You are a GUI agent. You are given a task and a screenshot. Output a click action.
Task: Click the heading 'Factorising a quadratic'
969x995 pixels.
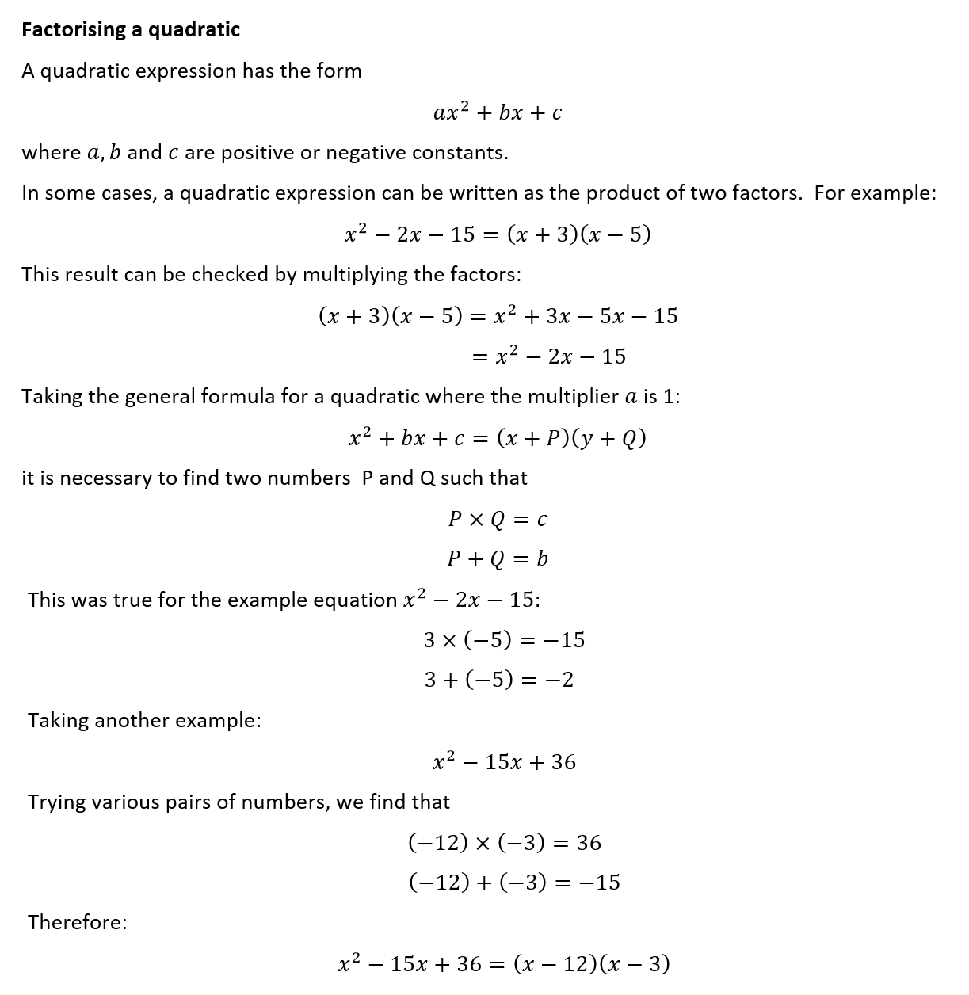coord(131,30)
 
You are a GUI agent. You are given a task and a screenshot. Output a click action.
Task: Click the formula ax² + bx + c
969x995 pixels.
coord(498,112)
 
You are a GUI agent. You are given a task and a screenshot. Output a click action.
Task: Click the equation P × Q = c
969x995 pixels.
coord(497,520)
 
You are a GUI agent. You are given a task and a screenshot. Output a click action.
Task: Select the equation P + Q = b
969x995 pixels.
coord(497,559)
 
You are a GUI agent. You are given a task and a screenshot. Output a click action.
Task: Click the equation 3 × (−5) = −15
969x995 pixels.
coord(504,640)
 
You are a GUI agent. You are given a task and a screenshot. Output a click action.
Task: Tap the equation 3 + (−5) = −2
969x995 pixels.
coord(498,680)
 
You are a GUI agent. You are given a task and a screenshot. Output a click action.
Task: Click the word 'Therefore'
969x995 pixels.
coord(77,923)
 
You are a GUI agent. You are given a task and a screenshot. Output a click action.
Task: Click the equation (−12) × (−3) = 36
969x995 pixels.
coord(505,843)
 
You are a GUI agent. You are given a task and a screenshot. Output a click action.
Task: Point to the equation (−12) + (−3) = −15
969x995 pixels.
coord(514,883)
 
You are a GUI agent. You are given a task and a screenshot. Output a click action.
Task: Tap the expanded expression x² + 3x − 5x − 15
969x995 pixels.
coord(586,316)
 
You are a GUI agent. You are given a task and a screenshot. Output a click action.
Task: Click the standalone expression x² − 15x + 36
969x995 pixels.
coord(505,762)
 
